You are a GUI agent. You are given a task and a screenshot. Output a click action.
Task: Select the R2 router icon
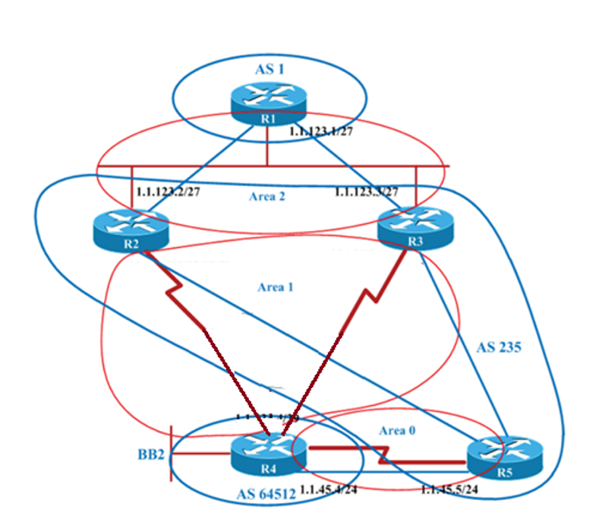(131, 227)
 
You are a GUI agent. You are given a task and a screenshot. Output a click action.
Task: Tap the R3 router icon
(415, 227)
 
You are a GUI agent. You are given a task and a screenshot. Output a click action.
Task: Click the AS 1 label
(269, 70)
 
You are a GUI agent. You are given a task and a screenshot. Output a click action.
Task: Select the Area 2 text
(267, 196)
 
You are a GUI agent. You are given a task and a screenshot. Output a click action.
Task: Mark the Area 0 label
(397, 430)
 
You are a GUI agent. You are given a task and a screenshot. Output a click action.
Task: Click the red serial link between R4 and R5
(387, 456)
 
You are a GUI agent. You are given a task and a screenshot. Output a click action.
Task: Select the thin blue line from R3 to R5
(463, 342)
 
